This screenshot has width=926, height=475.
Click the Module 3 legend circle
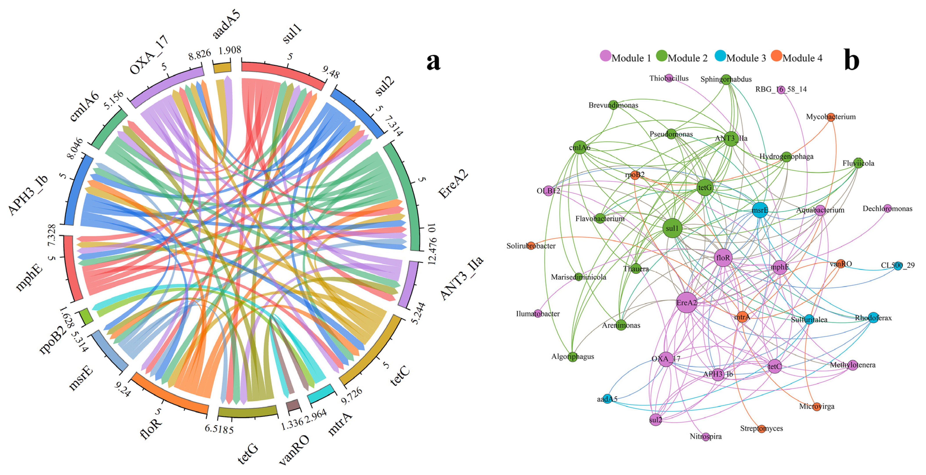coord(720,56)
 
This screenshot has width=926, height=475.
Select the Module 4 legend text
coord(802,58)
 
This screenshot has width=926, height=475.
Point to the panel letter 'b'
coord(851,60)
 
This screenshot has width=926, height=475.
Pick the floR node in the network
coord(723,257)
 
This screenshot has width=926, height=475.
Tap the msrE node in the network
coord(760,210)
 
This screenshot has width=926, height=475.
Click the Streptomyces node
coord(761,429)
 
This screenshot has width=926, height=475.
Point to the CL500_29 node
coord(898,265)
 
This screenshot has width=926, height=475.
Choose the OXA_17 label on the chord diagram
coord(149,55)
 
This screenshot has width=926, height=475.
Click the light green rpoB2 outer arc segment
coord(86,316)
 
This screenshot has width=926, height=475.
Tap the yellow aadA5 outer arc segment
coord(222,68)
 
